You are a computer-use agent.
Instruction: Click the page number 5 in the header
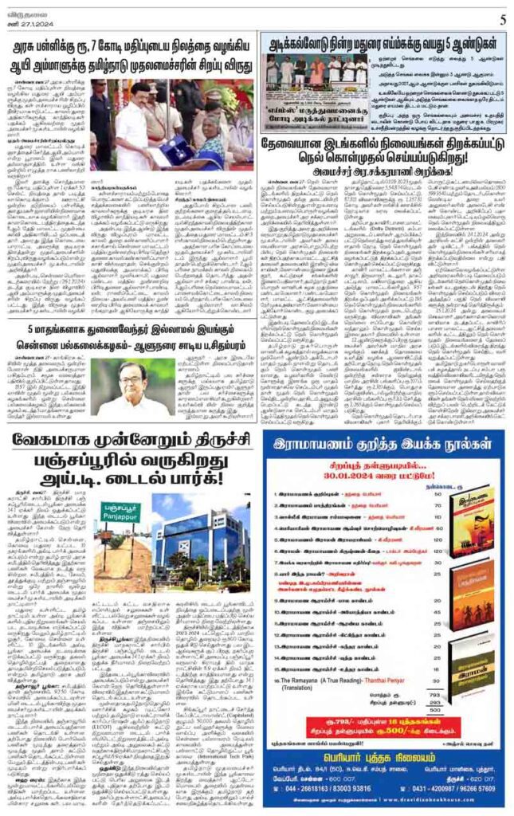click(x=503, y=19)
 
